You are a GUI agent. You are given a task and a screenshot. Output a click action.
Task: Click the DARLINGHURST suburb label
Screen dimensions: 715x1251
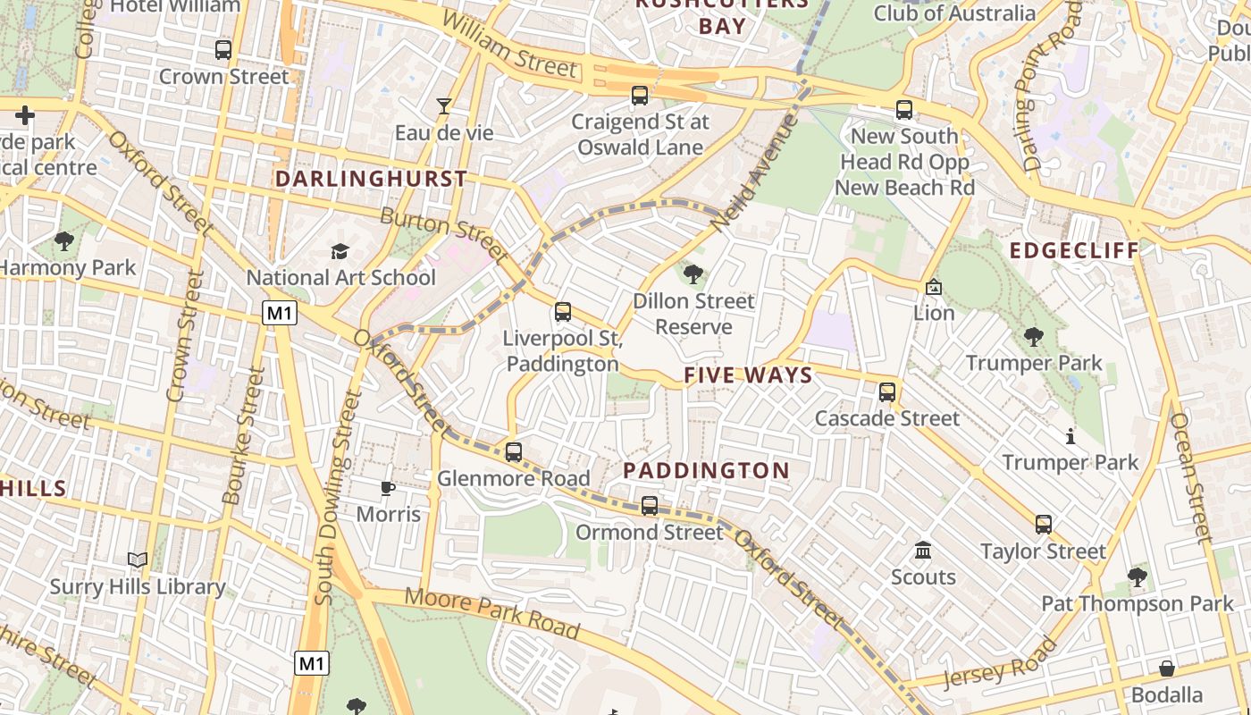[371, 179]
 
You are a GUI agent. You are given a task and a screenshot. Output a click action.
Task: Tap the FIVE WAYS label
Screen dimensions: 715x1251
[748, 375]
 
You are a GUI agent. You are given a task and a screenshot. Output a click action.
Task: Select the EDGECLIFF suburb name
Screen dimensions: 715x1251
[1074, 250]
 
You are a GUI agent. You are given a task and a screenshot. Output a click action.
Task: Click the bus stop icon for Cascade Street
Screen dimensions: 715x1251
[887, 392]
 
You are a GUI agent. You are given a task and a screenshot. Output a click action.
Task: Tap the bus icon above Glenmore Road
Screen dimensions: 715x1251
[513, 452]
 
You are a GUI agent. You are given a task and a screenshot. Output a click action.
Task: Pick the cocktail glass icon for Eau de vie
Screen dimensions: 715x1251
[443, 107]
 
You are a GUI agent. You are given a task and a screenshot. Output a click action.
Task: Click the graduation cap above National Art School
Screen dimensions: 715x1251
[340, 252]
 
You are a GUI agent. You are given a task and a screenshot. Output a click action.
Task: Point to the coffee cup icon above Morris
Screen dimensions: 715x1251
[387, 488]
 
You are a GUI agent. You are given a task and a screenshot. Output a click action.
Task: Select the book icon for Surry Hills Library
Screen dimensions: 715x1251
[137, 560]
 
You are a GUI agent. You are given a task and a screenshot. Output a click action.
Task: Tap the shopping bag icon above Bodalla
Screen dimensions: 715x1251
[1166, 669]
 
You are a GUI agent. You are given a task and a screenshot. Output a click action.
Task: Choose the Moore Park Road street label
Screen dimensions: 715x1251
[491, 613]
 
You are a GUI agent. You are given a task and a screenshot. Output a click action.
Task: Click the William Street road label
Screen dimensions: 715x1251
[509, 45]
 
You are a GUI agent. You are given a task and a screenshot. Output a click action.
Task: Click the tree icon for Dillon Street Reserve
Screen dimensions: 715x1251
[693, 274]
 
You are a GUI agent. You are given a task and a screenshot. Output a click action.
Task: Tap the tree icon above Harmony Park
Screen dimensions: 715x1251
[63, 240]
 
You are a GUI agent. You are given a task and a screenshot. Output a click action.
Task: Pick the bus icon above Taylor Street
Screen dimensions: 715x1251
[1043, 525]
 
